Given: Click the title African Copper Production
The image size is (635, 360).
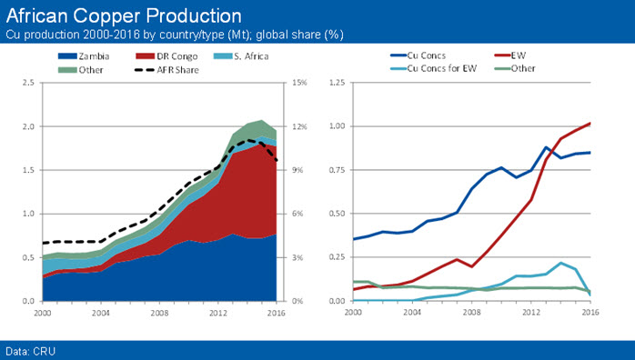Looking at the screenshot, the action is [x=124, y=16].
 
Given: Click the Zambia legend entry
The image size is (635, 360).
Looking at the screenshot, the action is [x=84, y=56].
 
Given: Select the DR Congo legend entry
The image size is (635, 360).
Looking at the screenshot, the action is [x=166, y=56].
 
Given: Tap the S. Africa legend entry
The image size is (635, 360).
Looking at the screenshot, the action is [x=241, y=56].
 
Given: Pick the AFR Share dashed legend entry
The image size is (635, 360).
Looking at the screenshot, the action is [x=166, y=70].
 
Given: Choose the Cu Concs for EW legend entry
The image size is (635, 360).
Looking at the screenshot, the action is [x=433, y=68].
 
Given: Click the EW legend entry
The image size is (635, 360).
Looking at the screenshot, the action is [x=510, y=55].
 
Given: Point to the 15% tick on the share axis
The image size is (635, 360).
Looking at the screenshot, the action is [x=300, y=83].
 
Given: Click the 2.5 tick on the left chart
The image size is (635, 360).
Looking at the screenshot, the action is [x=28, y=83].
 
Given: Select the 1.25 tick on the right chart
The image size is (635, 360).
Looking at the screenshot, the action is [x=337, y=83].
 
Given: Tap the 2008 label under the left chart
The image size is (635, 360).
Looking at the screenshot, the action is [x=159, y=313].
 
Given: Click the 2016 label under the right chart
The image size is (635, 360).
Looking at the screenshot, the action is [x=590, y=312].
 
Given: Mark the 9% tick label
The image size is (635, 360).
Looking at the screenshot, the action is [x=297, y=170].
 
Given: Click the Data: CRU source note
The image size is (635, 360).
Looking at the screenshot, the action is [x=30, y=351].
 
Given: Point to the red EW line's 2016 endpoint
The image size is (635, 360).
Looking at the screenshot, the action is [x=590, y=123].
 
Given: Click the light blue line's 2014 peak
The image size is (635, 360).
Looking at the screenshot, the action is [x=560, y=263].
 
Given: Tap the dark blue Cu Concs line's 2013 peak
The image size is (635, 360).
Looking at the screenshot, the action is [x=546, y=147].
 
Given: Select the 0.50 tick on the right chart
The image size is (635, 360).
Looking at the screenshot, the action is [x=337, y=214].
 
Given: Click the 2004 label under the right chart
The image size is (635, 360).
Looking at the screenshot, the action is [x=412, y=312].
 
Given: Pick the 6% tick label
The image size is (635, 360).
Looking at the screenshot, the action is [x=297, y=214].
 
